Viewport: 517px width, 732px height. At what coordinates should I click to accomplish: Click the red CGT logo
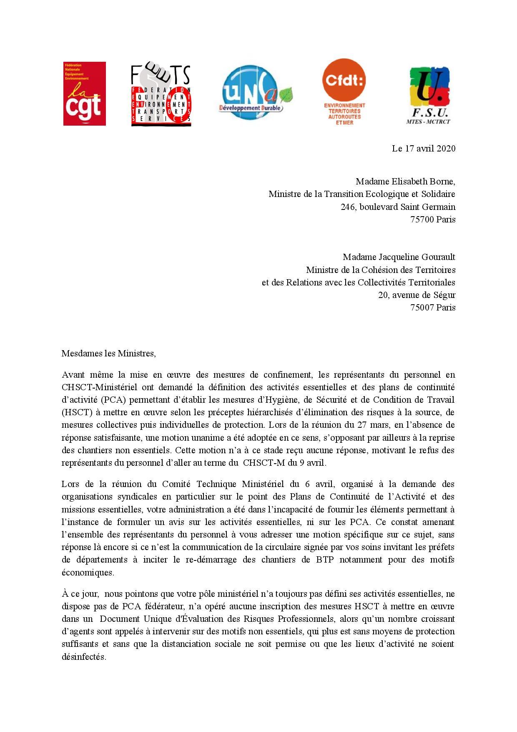click(x=84, y=93)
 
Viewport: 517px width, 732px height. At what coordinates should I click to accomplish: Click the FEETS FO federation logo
click(x=161, y=95)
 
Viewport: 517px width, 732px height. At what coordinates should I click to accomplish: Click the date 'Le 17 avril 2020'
click(x=423, y=148)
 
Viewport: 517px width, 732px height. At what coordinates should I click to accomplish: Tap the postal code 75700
click(x=422, y=220)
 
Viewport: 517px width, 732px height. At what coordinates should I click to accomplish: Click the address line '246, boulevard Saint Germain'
click(x=398, y=207)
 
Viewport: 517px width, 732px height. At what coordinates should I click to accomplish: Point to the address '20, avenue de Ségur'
click(x=417, y=295)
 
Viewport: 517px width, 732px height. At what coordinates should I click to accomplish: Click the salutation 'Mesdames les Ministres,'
click(x=108, y=353)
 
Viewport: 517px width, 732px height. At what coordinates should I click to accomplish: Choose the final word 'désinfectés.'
click(x=84, y=656)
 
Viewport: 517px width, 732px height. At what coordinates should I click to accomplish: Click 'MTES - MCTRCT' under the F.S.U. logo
click(x=428, y=121)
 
